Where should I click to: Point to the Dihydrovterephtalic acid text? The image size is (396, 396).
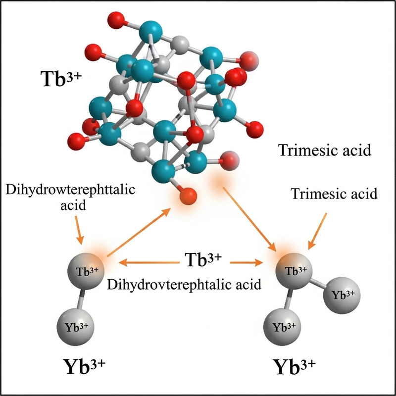tap(184, 285)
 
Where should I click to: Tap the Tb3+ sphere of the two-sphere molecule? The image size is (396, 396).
tap(88, 271)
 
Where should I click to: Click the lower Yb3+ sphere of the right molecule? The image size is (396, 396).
tap(284, 327)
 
